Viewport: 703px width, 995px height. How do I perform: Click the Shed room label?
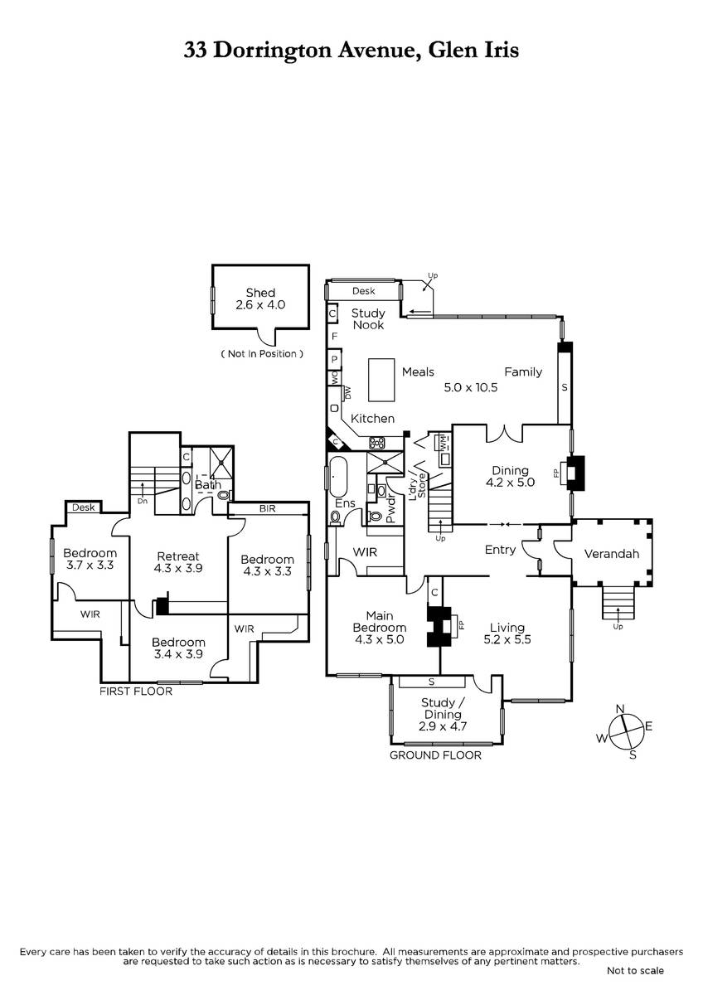tap(260, 293)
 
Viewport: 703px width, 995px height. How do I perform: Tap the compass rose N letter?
tap(620, 708)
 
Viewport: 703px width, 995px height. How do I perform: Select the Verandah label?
tap(612, 554)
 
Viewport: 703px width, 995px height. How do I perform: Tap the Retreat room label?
tap(178, 556)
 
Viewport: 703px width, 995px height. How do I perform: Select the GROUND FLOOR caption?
tap(435, 755)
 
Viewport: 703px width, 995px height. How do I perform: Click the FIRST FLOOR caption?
tap(136, 691)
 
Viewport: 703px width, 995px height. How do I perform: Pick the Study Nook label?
tap(368, 318)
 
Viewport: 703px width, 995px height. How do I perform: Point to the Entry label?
tap(500, 550)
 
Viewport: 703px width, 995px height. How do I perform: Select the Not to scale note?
tap(634, 970)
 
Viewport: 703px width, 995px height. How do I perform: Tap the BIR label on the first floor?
tap(267, 508)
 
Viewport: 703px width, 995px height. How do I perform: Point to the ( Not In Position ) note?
tap(261, 354)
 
